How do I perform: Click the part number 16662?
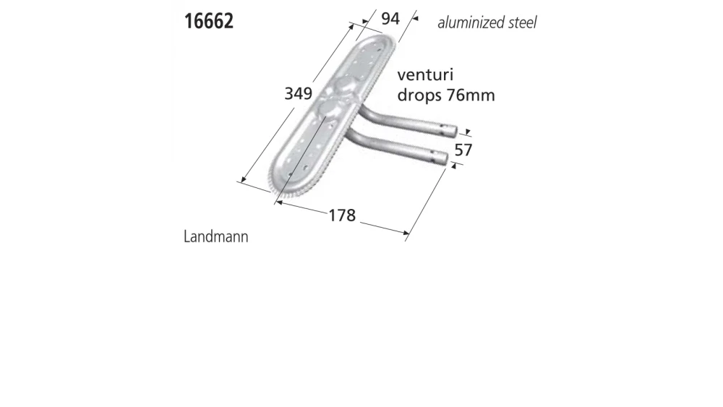point(208,20)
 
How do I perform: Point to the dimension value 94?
point(390,18)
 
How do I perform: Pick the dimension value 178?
point(342,215)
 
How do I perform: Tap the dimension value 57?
point(463,150)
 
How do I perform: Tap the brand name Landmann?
point(216,236)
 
